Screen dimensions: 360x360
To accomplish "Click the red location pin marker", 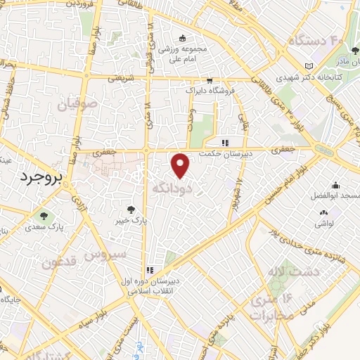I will [181, 165].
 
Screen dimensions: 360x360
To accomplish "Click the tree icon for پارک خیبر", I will [129, 208].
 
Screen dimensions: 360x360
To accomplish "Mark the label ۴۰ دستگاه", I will [312, 40].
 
